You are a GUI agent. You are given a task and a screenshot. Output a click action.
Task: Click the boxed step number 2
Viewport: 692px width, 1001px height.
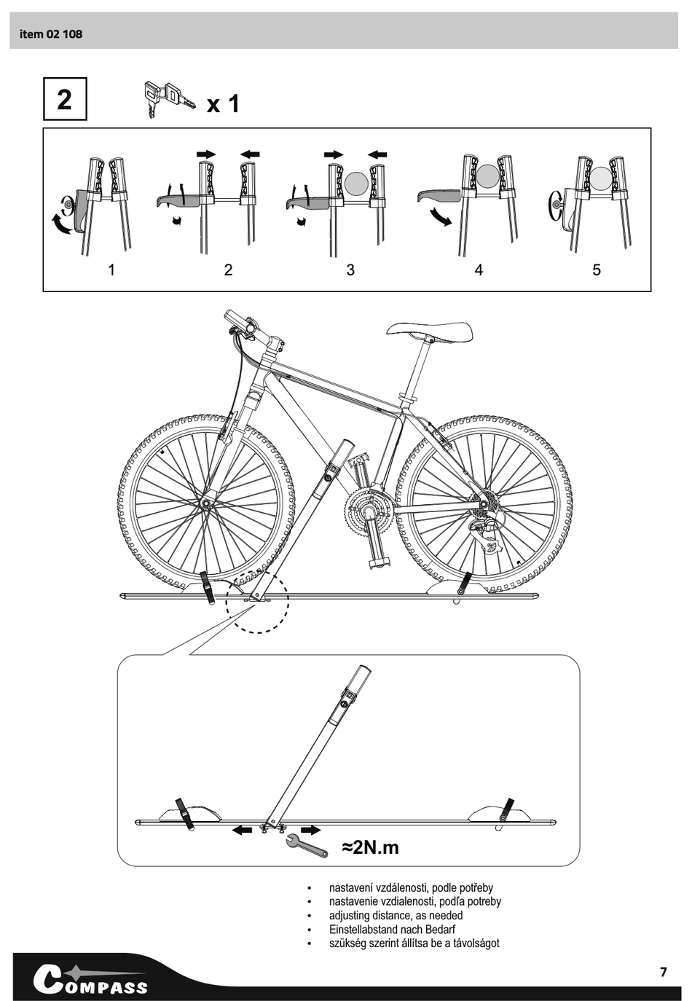click(65, 99)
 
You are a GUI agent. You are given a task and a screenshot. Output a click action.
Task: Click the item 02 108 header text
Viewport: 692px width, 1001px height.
click(51, 34)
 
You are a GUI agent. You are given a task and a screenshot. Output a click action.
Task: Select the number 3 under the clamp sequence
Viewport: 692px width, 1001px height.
click(350, 270)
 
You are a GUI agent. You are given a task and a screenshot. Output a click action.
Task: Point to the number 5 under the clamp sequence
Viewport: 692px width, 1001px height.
click(597, 270)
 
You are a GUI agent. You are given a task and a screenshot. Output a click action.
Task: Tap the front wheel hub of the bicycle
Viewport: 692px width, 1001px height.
click(207, 503)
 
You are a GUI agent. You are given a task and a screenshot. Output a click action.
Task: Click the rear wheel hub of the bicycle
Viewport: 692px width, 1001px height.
click(482, 502)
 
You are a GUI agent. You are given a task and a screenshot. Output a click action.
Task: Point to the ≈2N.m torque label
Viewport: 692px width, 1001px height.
click(371, 847)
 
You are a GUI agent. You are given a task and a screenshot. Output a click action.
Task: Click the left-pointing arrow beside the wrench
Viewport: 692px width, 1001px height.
click(241, 830)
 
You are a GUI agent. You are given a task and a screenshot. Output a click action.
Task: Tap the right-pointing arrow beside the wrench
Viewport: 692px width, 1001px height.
click(311, 830)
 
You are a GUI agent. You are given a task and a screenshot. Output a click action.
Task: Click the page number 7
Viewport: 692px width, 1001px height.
click(663, 972)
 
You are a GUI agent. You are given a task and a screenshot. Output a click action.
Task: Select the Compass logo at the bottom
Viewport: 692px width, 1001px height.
click(90, 980)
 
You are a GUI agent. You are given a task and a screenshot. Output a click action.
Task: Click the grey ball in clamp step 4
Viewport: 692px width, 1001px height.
click(488, 176)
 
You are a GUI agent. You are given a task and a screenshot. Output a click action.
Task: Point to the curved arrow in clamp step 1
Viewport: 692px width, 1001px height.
click(60, 225)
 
